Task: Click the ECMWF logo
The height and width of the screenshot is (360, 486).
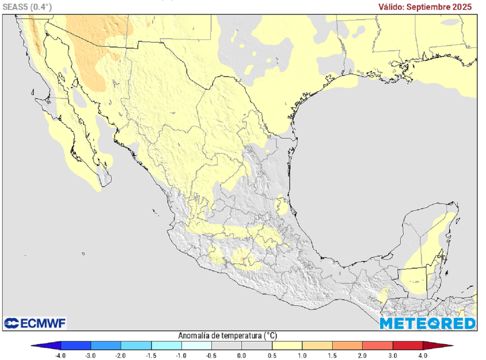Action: click(35, 323)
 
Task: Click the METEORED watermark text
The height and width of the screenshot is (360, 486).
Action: click(427, 323)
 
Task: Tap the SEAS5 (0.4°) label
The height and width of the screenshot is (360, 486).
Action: click(28, 7)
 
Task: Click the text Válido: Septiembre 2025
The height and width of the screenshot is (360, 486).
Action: click(425, 7)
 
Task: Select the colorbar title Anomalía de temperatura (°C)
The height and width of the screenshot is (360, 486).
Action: click(228, 335)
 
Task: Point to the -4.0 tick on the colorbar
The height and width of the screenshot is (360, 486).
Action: click(60, 355)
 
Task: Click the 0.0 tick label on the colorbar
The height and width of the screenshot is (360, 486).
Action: click(242, 355)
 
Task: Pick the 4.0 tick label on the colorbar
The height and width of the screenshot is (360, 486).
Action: click(423, 355)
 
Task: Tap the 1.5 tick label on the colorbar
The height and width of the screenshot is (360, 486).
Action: click(332, 355)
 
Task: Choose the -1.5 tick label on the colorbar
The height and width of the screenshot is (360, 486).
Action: click(151, 355)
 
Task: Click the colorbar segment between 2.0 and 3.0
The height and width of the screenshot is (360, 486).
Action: click(377, 345)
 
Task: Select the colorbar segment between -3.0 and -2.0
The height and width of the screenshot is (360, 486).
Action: click(106, 345)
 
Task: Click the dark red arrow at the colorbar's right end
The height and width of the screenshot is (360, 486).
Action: click(437, 345)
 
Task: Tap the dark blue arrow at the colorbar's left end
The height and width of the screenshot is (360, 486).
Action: click(47, 345)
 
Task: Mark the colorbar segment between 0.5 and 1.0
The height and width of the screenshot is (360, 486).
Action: click(287, 345)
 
